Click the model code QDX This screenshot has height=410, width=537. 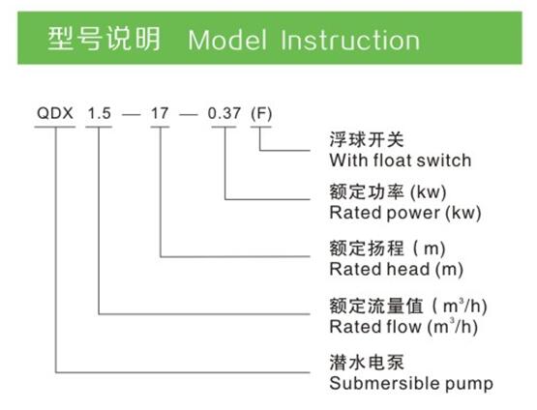[55, 113]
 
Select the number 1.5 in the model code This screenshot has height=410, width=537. [100, 113]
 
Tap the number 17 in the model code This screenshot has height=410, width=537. [160, 113]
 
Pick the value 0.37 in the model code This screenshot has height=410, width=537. [224, 113]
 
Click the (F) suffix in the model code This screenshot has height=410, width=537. [261, 114]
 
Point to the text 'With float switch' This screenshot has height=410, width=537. [401, 161]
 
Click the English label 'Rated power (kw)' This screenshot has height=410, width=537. [405, 213]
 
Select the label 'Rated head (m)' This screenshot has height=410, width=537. [397, 269]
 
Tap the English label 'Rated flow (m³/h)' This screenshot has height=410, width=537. [403, 326]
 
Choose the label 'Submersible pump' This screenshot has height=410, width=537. [411, 383]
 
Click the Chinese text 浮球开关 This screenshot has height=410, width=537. [367, 139]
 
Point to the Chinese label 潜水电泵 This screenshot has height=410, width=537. [367, 363]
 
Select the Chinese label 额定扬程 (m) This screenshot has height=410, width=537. [387, 249]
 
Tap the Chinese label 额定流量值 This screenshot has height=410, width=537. [376, 306]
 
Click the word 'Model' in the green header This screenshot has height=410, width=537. [227, 40]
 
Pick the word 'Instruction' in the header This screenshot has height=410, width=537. [350, 40]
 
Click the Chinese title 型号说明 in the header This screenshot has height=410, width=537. [104, 39]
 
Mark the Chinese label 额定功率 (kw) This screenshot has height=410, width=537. [388, 191]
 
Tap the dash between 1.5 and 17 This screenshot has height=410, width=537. [132, 114]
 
